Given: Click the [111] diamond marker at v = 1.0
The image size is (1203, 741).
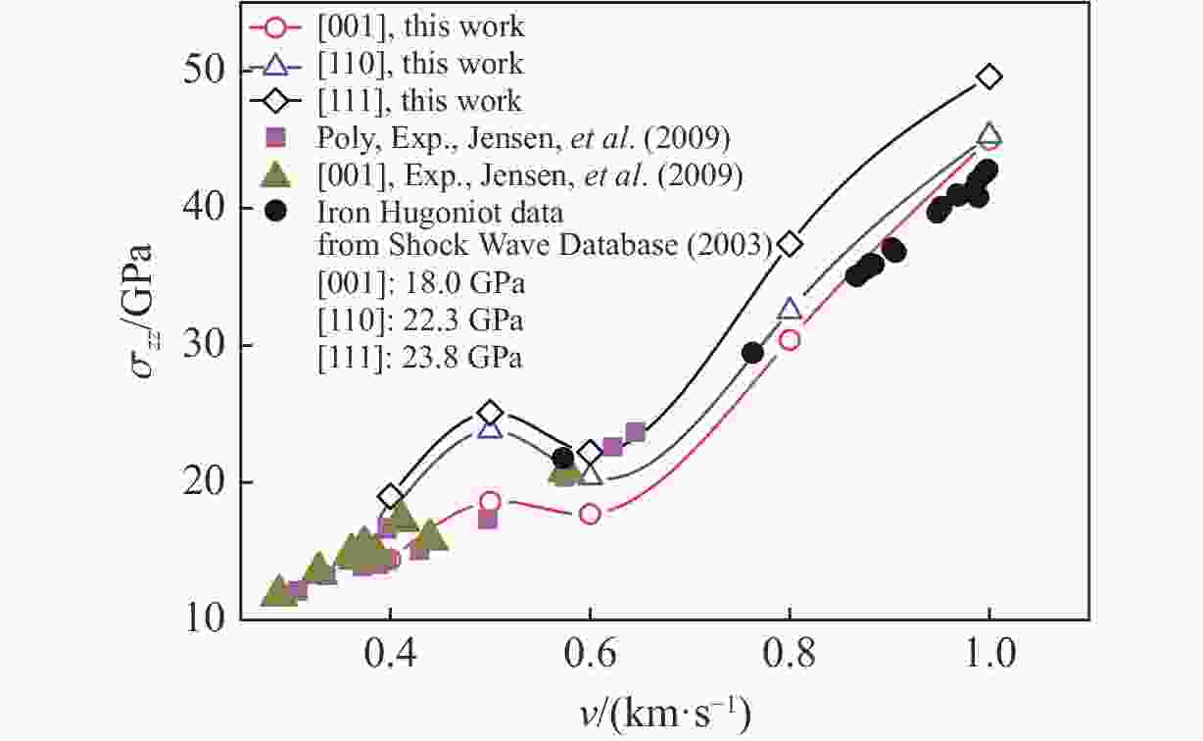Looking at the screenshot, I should pyautogui.click(x=989, y=76).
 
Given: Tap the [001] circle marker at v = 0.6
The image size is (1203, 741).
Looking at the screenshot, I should pyautogui.click(x=590, y=514).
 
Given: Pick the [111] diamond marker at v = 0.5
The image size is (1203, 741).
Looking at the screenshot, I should pyautogui.click(x=491, y=413).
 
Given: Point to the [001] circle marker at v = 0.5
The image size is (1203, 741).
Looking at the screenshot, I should pyautogui.click(x=491, y=502).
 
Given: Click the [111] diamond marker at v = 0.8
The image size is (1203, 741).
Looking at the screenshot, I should pyautogui.click(x=790, y=243).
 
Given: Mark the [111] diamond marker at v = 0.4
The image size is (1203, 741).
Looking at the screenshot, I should pyautogui.click(x=391, y=496).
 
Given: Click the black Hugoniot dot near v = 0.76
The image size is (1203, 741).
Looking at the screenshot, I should pyautogui.click(x=752, y=353).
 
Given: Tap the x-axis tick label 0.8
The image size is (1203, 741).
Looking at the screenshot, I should pyautogui.click(x=789, y=651).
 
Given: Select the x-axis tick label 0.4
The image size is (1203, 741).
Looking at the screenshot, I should pyautogui.click(x=390, y=651).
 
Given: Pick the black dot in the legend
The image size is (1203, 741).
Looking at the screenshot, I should pyautogui.click(x=277, y=210).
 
